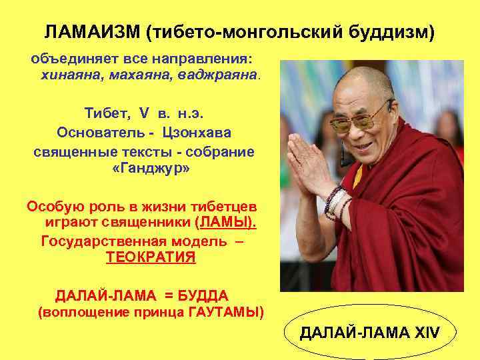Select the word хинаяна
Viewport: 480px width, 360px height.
pos(69,75)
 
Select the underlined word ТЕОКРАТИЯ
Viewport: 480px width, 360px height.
pos(151,258)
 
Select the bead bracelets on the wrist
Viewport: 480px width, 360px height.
pos(335,201)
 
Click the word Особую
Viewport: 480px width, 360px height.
pos(55,205)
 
